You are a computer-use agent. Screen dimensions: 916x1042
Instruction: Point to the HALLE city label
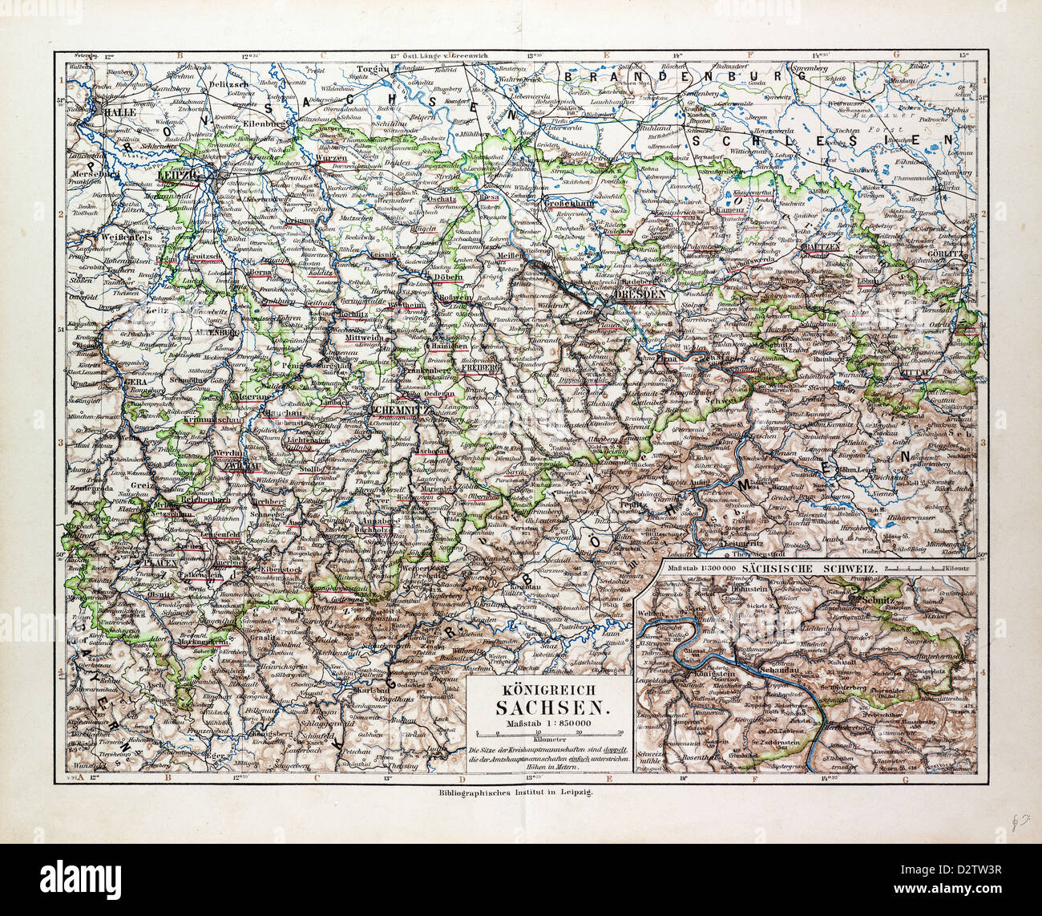tap(115, 113)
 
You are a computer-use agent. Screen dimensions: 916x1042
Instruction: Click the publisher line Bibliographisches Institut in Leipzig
tap(519, 790)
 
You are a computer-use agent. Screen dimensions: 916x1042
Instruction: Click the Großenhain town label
tap(567, 204)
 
